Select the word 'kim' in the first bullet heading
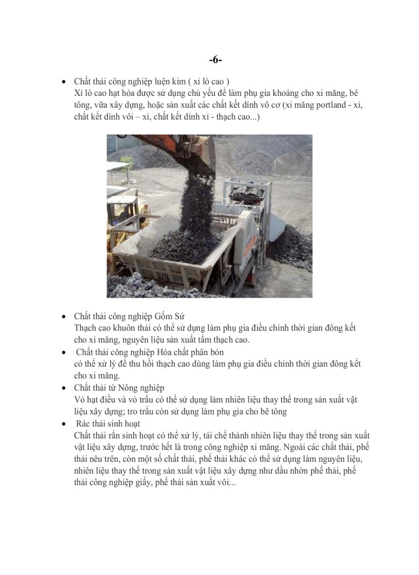point(175,81)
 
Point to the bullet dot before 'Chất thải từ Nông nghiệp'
point(64,388)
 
